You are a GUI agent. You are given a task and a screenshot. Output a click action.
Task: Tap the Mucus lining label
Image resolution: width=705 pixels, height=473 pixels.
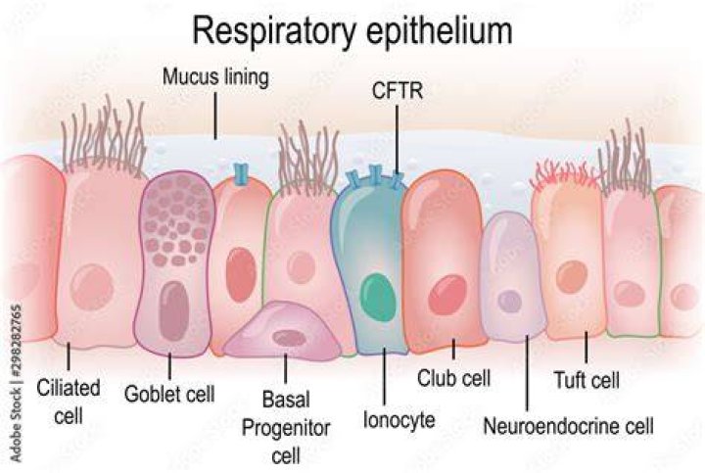click(x=215, y=77)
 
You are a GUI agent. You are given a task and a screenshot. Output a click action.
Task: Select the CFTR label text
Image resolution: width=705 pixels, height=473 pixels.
click(x=398, y=91)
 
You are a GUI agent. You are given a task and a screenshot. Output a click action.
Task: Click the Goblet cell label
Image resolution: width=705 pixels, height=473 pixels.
click(x=169, y=394)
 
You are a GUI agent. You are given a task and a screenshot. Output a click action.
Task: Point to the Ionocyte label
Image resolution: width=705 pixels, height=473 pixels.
click(x=399, y=420)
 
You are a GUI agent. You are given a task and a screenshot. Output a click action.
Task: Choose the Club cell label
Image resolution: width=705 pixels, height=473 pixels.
click(x=453, y=378)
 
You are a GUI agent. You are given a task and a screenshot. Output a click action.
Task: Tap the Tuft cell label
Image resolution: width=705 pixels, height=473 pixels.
click(x=587, y=380)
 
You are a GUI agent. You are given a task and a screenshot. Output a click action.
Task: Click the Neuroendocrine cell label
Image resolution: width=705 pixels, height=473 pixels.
click(x=568, y=425)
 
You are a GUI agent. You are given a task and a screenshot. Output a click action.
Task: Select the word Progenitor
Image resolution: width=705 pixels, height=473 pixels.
click(x=286, y=428)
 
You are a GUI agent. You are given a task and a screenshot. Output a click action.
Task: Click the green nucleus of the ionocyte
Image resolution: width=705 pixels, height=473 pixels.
click(x=378, y=297)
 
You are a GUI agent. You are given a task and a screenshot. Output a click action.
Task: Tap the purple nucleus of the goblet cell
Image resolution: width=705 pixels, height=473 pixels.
click(x=173, y=310)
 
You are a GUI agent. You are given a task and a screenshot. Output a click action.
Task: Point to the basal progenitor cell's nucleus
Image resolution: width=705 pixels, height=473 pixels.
click(x=290, y=338)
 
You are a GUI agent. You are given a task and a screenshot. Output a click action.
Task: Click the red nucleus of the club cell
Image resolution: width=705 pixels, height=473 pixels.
click(x=447, y=295)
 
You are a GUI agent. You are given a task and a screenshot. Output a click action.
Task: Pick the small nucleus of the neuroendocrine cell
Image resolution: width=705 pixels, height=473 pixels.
click(x=509, y=301)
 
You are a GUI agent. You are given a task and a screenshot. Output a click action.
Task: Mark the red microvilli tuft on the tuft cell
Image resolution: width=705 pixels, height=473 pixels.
click(x=563, y=175)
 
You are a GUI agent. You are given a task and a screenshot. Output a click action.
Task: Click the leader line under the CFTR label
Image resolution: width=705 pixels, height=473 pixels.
click(x=397, y=139)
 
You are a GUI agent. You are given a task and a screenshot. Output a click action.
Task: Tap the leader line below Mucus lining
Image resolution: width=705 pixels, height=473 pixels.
click(x=215, y=116)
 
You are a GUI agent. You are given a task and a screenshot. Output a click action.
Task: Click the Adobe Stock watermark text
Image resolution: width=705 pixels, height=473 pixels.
click(x=16, y=383)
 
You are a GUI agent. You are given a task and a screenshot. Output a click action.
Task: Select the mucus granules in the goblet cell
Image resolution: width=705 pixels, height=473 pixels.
click(x=177, y=220)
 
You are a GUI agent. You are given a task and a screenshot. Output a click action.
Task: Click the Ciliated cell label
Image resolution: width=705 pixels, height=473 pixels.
click(x=69, y=402)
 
